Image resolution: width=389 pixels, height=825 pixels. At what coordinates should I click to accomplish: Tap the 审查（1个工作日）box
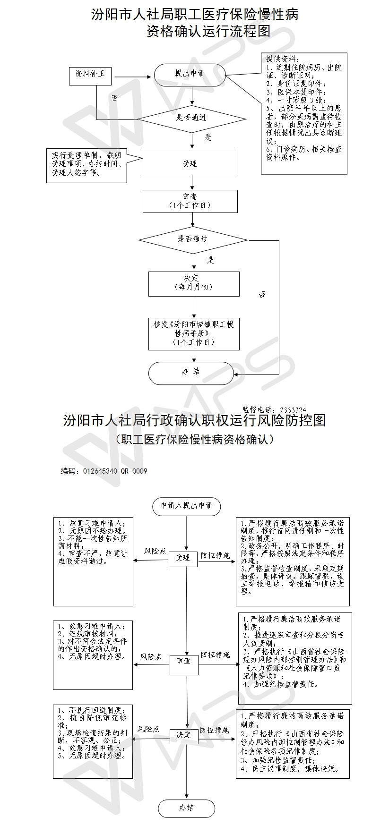[190, 202]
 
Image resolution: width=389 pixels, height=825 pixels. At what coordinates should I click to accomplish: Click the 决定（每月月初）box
[194, 283]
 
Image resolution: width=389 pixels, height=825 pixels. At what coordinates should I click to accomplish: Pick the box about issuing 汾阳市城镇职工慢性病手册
[194, 334]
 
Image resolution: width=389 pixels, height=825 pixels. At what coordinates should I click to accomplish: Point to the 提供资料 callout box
[304, 113]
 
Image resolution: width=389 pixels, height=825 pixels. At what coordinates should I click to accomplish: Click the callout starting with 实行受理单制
[87, 166]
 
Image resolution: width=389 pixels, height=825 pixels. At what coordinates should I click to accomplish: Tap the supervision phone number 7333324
[293, 410]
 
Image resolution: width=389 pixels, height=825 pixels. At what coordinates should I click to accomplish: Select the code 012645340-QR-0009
[115, 471]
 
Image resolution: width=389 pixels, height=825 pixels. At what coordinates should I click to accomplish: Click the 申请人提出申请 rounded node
[187, 506]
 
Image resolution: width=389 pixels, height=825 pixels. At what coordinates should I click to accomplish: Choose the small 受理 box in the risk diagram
[183, 558]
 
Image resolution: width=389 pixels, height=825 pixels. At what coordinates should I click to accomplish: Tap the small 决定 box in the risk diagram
[184, 735]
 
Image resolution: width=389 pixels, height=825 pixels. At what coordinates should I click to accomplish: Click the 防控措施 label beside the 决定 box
[215, 730]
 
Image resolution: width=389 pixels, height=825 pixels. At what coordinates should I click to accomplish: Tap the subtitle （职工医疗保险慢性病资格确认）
[194, 440]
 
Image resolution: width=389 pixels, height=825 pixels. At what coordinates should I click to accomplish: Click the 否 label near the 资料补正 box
[114, 98]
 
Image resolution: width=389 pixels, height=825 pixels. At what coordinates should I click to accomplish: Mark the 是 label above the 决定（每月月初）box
[210, 260]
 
